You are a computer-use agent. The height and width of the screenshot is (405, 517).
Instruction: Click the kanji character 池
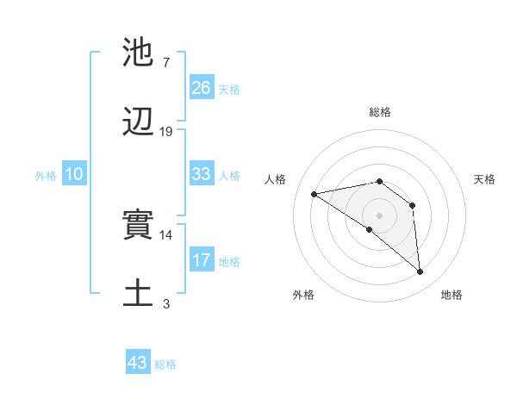click(x=139, y=53)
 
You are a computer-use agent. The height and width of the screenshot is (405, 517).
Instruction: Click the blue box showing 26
click(x=201, y=87)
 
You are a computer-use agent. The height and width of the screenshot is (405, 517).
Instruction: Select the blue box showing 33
click(x=201, y=173)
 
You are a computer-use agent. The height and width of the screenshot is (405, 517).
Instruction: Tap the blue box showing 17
click(x=201, y=260)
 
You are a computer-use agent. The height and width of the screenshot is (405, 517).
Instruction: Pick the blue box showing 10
click(x=73, y=174)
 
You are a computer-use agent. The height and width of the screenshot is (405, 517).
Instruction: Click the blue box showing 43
click(x=137, y=363)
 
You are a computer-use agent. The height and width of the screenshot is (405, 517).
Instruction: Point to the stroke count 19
click(x=166, y=132)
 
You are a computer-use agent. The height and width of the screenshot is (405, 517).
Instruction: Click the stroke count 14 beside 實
click(x=166, y=234)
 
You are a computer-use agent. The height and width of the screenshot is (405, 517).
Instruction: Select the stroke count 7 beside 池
click(x=166, y=63)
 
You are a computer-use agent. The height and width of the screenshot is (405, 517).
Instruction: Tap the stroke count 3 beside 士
click(x=166, y=303)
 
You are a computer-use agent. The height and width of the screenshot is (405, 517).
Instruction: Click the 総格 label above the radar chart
click(x=380, y=112)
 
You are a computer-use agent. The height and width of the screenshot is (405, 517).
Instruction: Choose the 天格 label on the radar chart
click(x=485, y=179)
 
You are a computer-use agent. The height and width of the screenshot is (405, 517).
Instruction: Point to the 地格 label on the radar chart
click(x=452, y=295)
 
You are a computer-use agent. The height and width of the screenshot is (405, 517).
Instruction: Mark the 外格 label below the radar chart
click(x=303, y=295)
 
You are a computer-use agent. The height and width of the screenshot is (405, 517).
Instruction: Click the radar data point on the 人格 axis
click(x=315, y=194)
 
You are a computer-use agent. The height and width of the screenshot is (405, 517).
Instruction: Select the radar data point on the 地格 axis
click(x=420, y=271)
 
